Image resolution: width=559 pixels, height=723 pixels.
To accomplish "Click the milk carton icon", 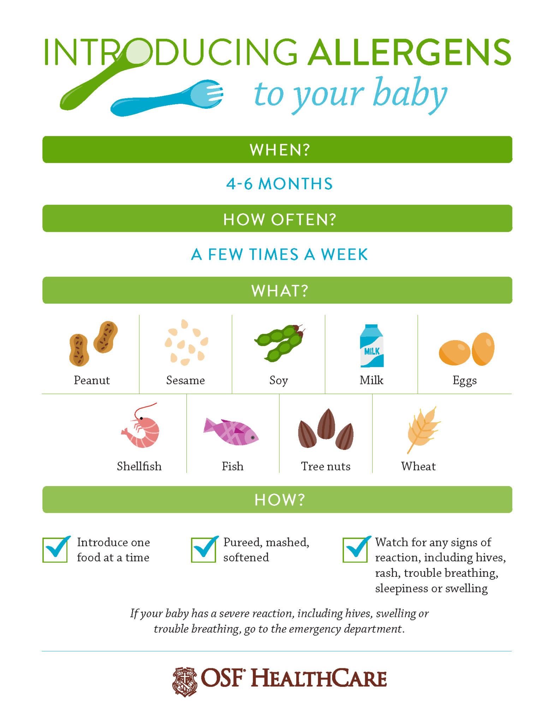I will coord(371,346).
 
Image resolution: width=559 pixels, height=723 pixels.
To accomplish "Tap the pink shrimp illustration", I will coord(142,427).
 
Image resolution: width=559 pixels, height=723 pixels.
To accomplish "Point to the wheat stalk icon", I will coord(422,429).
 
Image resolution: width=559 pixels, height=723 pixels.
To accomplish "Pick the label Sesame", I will coord(185,381).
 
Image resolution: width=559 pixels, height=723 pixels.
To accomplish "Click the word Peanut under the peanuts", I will coord(92,381).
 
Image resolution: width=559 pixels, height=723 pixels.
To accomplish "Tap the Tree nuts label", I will coord(326,466).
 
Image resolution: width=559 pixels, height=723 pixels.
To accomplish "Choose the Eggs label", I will coord(464,381).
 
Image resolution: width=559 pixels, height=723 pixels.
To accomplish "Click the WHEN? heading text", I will coord(279,150).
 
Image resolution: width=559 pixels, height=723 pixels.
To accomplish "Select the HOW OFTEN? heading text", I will coord(279,220).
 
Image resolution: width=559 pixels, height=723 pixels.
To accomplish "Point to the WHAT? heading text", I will coord(279,291).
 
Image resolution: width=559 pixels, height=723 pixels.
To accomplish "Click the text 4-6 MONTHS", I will coord(279,184).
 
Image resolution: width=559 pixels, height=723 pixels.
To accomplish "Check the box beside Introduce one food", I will coord(55,550).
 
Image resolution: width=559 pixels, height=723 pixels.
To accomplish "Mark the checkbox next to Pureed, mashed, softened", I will coord(203,550).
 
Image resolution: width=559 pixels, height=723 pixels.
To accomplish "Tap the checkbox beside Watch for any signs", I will coord(355,550).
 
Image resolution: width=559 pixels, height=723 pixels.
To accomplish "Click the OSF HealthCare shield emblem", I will coord(184,682).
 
